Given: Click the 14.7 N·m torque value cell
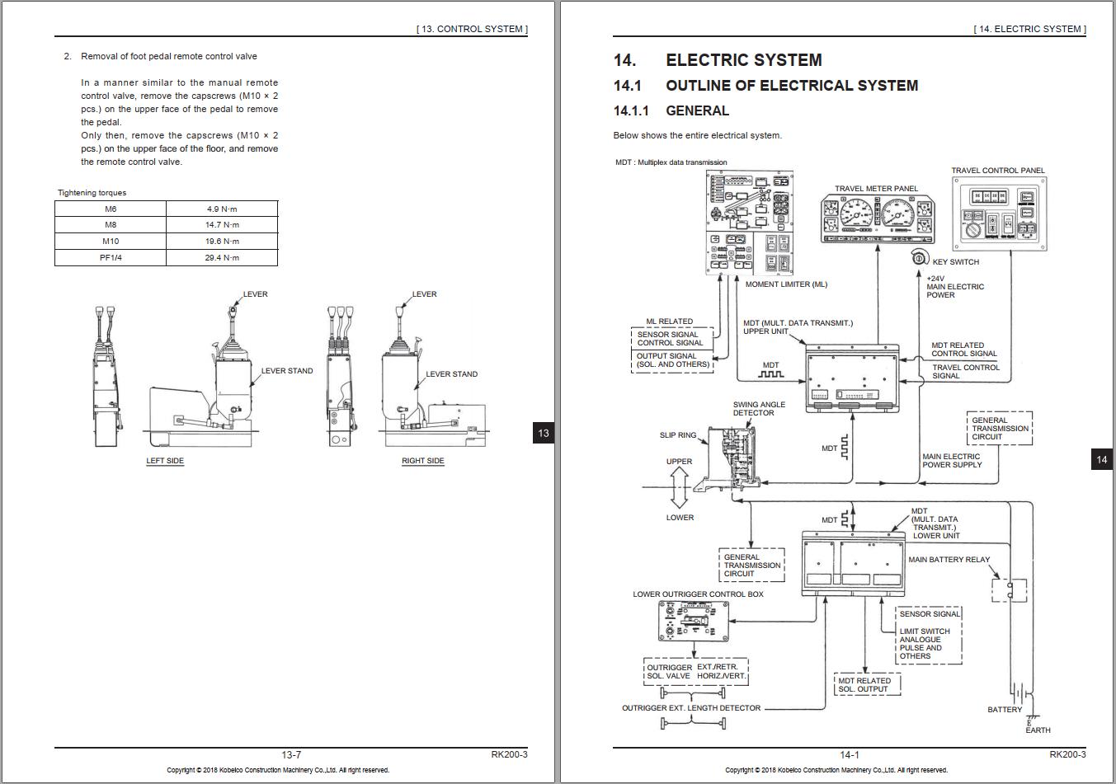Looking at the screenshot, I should pos(222,225).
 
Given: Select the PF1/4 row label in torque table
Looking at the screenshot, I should pos(111,258).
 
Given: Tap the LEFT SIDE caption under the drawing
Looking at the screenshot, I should pos(165,461).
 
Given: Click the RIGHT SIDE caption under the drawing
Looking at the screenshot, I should pos(422,461).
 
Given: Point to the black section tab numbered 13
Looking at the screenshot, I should pos(543,433).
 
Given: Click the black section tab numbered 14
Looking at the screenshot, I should pos(1101,459).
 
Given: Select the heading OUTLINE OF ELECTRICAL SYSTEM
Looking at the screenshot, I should pos(791,86).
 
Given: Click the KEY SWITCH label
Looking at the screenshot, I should pos(955,262).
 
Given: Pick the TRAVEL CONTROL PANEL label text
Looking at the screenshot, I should pos(997,171).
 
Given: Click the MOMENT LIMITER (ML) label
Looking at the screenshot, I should pos(785,284).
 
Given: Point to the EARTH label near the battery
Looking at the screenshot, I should pos(1038,730).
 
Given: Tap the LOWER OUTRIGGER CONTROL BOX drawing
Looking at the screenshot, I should pos(694,621).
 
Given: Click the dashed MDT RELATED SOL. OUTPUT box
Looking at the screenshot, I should pos(864,685).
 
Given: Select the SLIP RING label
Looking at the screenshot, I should pos(677,435).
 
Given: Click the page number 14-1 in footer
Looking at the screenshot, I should pos(849,754).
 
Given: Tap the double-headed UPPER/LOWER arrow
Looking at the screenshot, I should pos(680,488).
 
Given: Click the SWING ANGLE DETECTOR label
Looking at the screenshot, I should pos(759,409).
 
